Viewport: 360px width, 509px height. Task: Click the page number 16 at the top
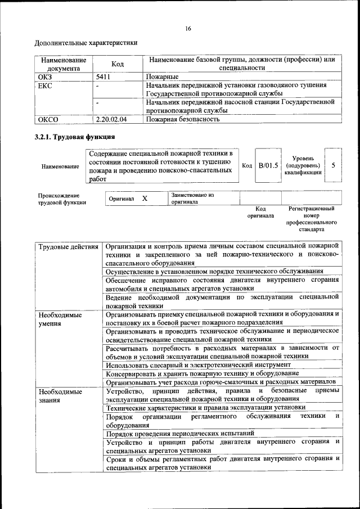(188, 29)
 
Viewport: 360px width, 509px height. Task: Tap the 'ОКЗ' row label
(44, 76)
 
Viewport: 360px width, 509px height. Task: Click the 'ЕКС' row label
(44, 85)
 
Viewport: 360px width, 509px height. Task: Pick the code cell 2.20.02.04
(111, 119)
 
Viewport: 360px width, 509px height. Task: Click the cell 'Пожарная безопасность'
(182, 119)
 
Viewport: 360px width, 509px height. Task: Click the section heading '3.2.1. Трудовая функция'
(75, 137)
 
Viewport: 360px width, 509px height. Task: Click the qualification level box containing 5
(334, 165)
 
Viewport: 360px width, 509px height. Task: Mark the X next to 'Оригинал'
(145, 199)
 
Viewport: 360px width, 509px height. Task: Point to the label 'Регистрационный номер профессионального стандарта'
(310, 219)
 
